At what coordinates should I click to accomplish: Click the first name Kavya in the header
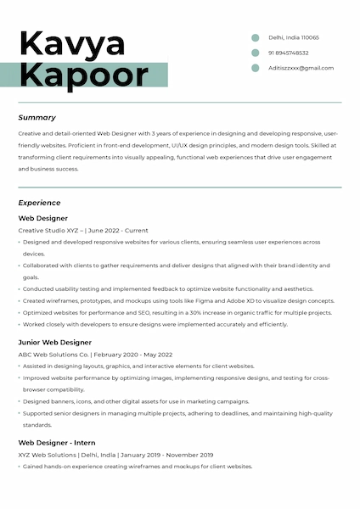(72, 42)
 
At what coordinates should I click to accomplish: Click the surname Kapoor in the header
(83, 75)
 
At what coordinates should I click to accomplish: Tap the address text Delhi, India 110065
(294, 37)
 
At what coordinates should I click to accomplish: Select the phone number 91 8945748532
(289, 53)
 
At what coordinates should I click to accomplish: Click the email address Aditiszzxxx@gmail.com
(301, 68)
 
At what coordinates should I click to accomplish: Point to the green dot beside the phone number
(255, 53)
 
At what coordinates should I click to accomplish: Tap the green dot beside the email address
(255, 68)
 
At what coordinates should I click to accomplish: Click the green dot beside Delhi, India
(255, 37)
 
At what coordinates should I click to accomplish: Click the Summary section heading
(37, 118)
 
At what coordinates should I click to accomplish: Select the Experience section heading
(40, 203)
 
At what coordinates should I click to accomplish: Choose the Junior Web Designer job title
(54, 342)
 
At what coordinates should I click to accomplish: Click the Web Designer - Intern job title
(57, 443)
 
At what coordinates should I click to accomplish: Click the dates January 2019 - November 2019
(167, 455)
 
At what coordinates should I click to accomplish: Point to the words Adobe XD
(244, 300)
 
